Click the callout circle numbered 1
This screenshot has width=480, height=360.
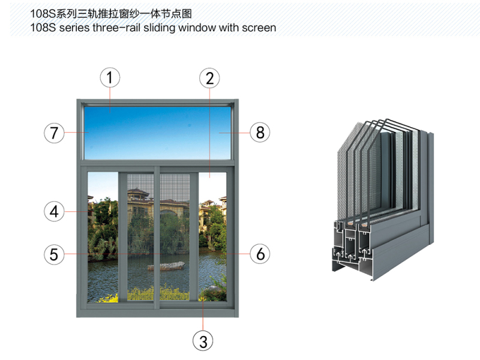110,77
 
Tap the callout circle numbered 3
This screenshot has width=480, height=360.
203,341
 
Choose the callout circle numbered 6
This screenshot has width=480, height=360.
260,254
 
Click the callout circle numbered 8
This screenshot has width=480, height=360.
260,132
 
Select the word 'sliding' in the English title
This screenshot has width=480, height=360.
152,28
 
